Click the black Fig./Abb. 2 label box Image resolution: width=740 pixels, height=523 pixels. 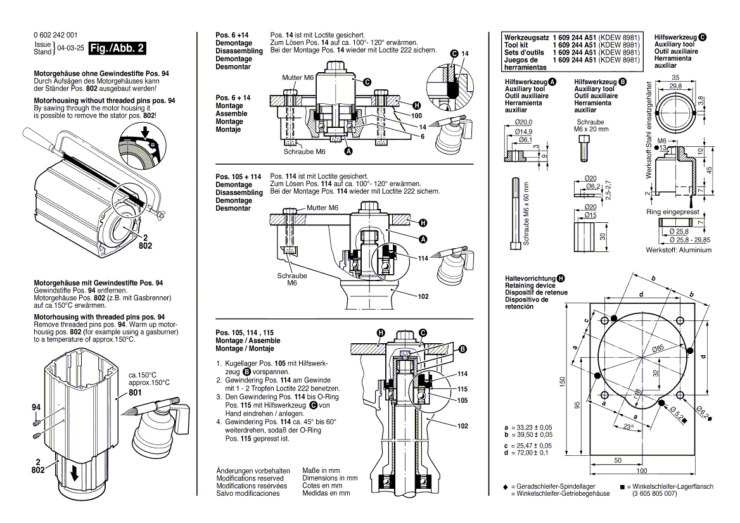pyautogui.click(x=117, y=48)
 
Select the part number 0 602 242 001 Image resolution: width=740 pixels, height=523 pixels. pyautogui.click(x=56, y=35)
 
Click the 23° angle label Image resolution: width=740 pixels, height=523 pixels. pyautogui.click(x=628, y=429)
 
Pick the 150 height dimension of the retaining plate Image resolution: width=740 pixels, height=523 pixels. pyautogui.click(x=561, y=384)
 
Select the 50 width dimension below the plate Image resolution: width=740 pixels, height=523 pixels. pyautogui.click(x=616, y=460)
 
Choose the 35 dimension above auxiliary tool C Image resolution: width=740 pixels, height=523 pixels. pyautogui.click(x=676, y=77)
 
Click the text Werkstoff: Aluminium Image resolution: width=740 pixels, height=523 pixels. pyautogui.click(x=679, y=250)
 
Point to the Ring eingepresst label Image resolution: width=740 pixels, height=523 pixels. pyautogui.click(x=672, y=213)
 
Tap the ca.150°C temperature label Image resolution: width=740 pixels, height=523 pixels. pyautogui.click(x=143, y=374)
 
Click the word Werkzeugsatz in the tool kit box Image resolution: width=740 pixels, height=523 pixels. pyautogui.click(x=525, y=38)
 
